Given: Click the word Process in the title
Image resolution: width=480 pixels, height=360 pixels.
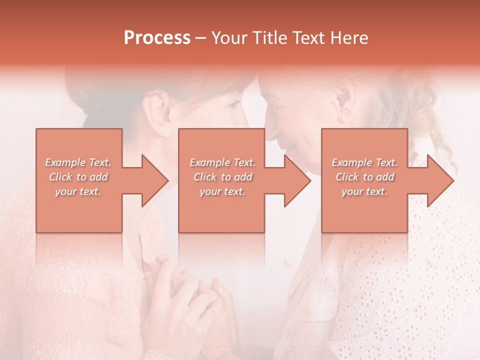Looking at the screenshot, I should tap(157, 38).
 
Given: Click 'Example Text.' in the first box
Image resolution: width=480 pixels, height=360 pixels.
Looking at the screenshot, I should tap(78, 162).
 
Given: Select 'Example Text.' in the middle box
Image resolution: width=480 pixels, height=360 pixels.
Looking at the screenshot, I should tap(222, 162).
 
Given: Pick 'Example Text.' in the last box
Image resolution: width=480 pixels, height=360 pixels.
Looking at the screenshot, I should tap(364, 162).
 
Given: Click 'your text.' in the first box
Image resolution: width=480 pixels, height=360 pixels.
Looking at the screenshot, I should tap(78, 191).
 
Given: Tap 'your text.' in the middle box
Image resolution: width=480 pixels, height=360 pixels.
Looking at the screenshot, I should tap(222, 191).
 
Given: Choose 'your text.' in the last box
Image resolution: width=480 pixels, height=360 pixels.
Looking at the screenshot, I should tap(364, 191).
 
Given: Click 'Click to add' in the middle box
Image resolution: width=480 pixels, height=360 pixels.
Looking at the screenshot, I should tap(222, 177).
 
